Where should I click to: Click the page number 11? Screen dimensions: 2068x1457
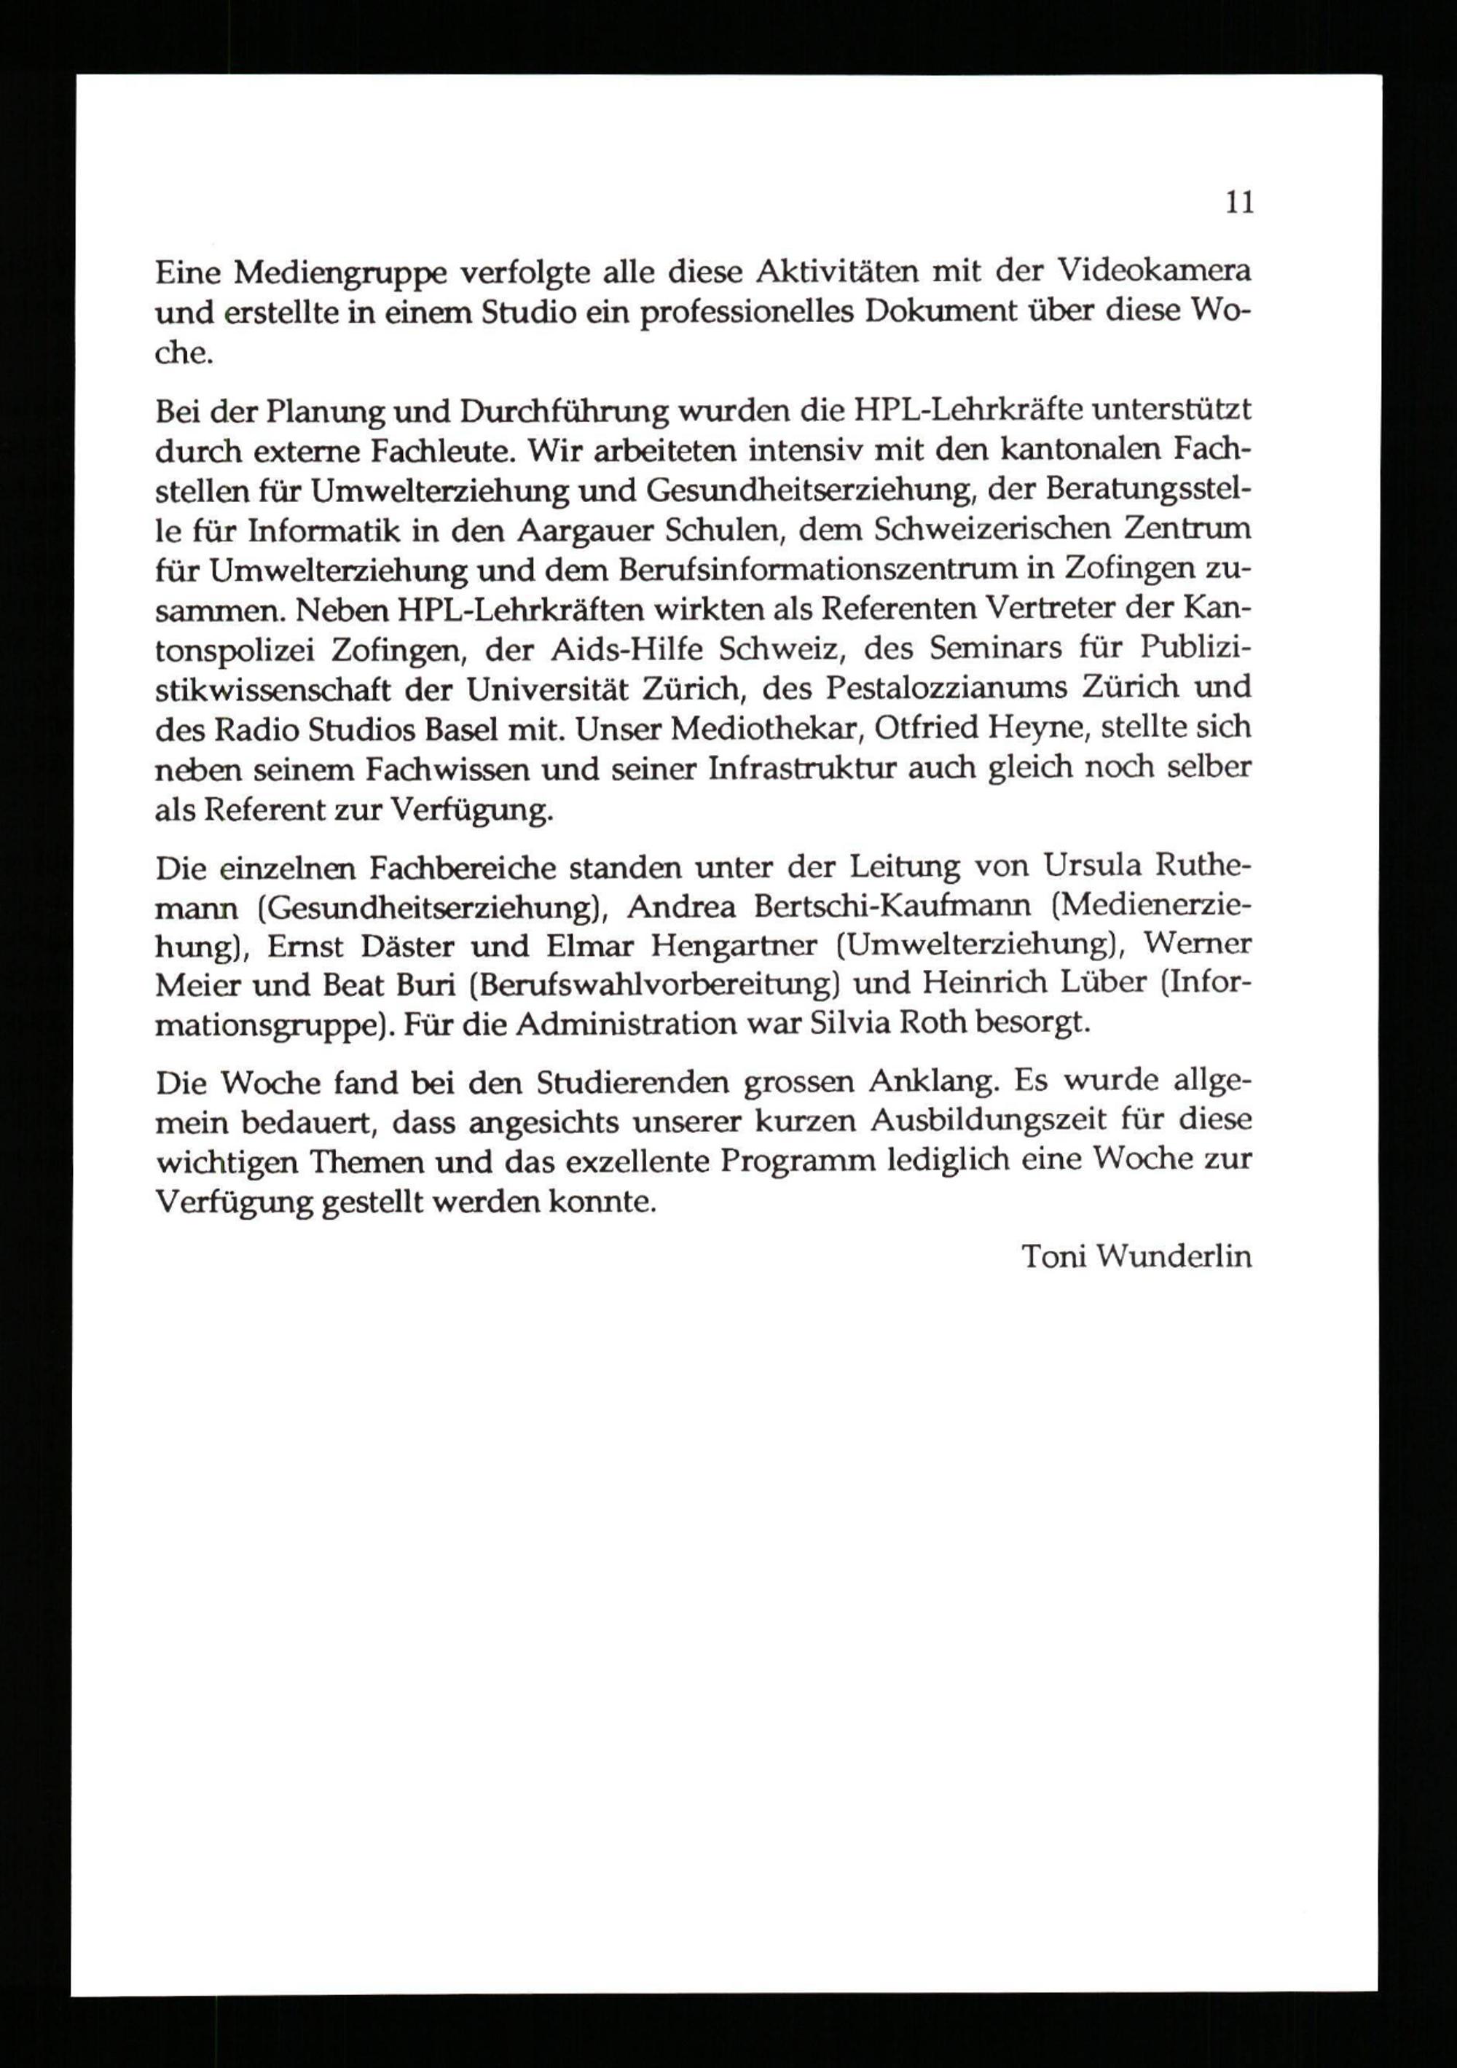[1238, 203]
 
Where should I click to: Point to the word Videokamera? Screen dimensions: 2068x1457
[1152, 270]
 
